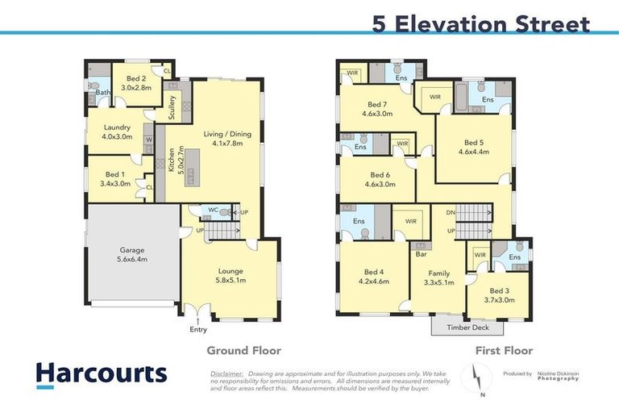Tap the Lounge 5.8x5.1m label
pos(231,276)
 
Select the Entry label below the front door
pos(198,329)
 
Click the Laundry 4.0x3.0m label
pos(117,132)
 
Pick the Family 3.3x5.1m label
pos(439,277)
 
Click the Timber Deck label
pos(467,327)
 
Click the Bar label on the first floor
pos(419,255)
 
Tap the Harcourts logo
pos(101,373)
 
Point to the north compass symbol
pos(476,378)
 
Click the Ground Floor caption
pos(243,350)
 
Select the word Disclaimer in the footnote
pos(226,374)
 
